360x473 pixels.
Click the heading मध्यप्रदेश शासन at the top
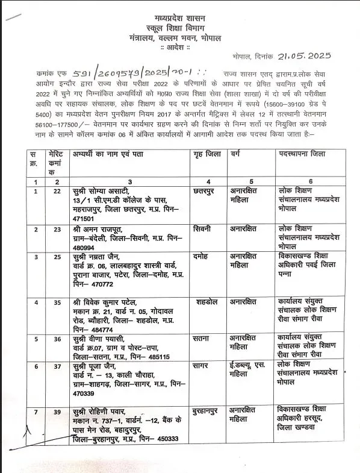(179, 8)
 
